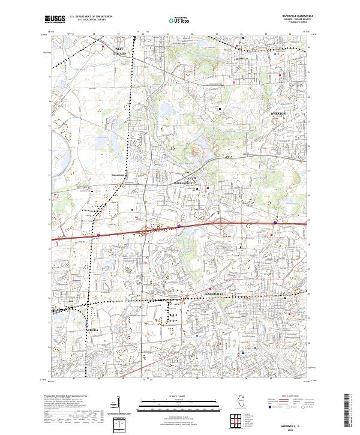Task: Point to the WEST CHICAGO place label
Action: (x=119, y=51)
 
